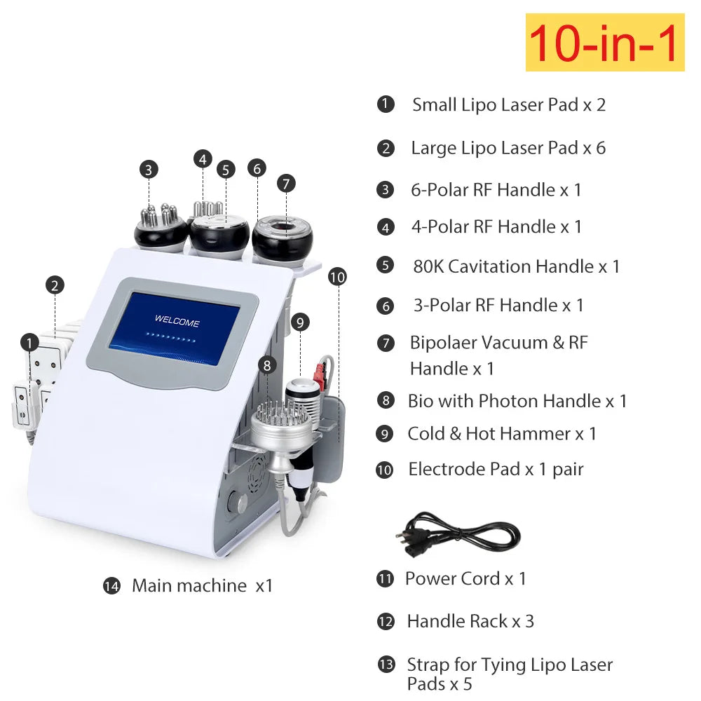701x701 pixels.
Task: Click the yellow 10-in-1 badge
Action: (x=605, y=42)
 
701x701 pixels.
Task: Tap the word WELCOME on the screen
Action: (x=177, y=320)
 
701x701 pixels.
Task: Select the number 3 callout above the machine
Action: (x=149, y=170)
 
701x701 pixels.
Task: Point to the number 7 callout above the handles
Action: (x=286, y=183)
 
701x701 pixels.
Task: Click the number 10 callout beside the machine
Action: (x=337, y=277)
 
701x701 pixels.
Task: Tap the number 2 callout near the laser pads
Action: (x=55, y=285)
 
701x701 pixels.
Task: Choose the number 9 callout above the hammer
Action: (x=300, y=322)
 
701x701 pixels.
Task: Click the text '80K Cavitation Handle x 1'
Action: (x=517, y=266)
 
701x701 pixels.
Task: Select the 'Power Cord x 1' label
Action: (x=465, y=578)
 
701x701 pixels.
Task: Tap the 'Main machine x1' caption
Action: (x=202, y=585)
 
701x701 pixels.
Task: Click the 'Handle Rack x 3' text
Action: (x=471, y=621)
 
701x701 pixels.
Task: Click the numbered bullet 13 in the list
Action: (x=386, y=665)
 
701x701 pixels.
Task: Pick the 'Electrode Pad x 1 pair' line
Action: (x=496, y=470)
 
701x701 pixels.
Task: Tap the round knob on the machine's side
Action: (x=238, y=502)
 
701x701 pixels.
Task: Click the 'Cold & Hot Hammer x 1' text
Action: (x=502, y=434)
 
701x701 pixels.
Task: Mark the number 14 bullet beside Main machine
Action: (x=111, y=586)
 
